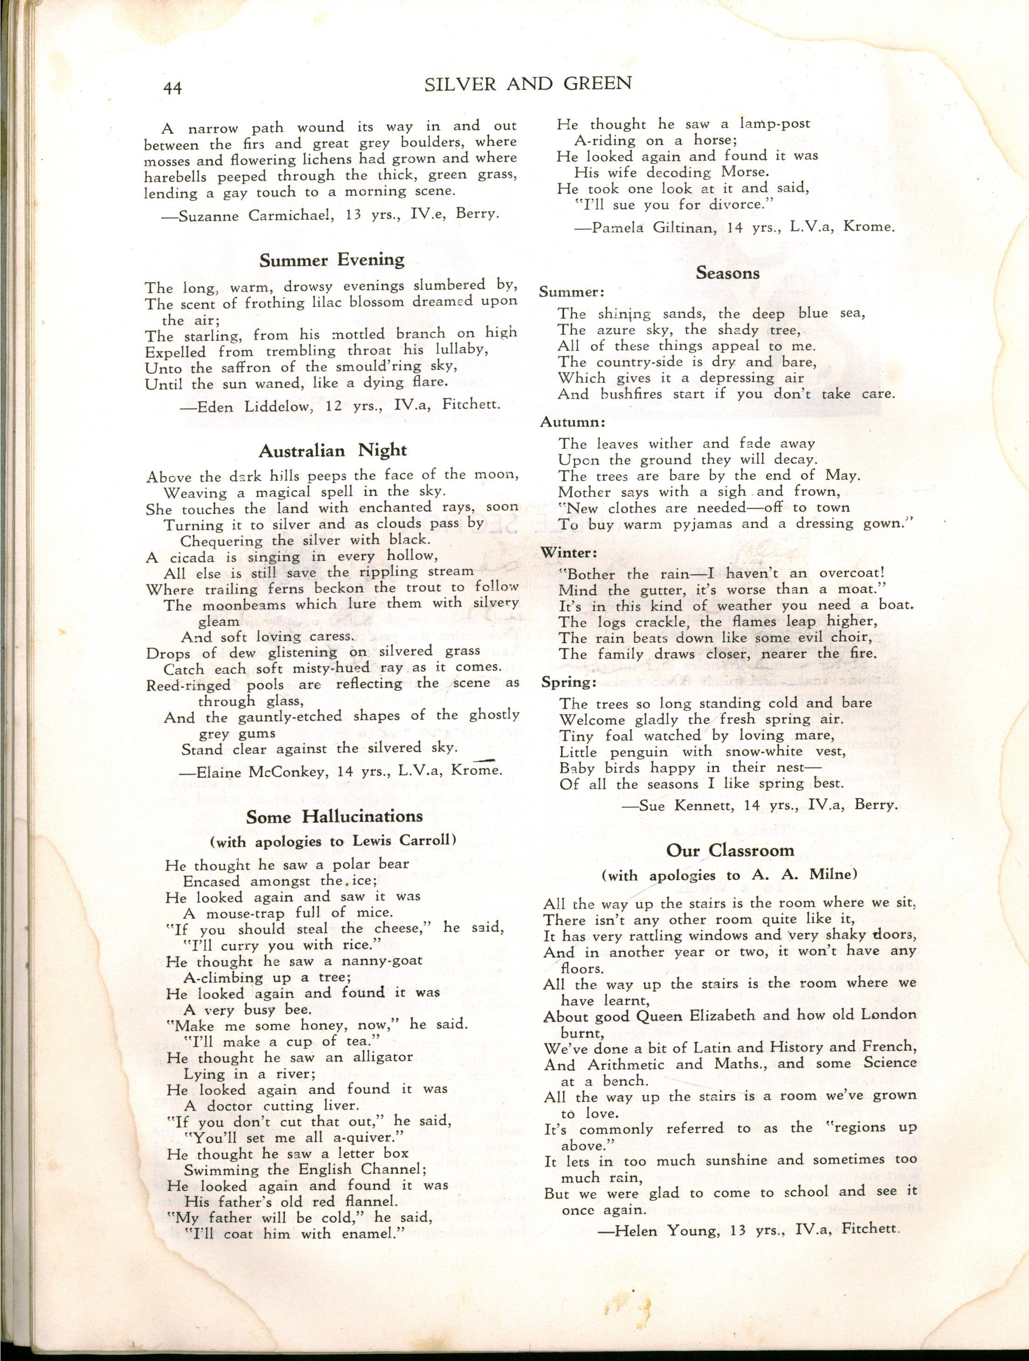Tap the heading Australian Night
point(332,450)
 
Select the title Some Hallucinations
point(334,817)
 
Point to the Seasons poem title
point(727,273)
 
